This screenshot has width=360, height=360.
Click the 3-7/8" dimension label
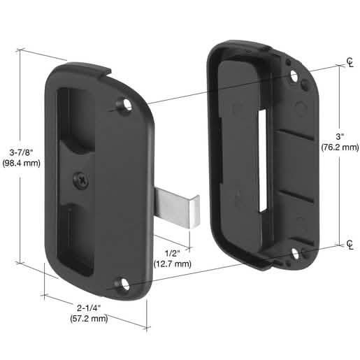(22, 152)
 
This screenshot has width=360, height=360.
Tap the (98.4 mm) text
(22, 163)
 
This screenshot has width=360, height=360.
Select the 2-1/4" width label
(89, 308)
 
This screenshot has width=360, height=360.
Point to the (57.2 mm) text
(89, 318)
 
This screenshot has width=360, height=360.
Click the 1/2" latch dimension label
(173, 253)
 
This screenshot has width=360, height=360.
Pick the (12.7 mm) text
(173, 264)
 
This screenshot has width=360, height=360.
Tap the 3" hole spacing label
(340, 136)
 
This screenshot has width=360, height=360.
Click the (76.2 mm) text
(340, 147)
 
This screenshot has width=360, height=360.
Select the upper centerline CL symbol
(350, 62)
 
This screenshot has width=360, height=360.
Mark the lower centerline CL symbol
(350, 244)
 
